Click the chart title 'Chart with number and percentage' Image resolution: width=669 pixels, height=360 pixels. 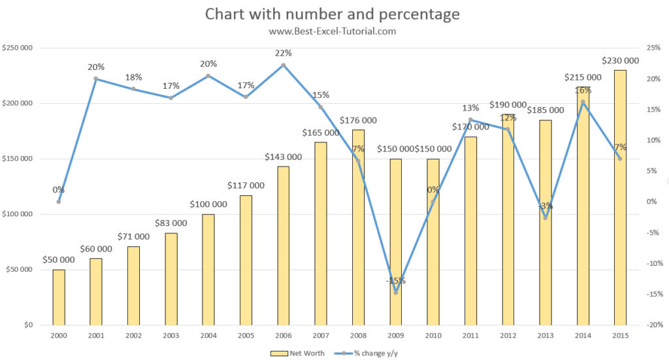click(333, 14)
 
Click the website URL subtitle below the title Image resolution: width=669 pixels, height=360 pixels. click(333, 31)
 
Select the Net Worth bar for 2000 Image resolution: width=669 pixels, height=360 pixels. click(59, 297)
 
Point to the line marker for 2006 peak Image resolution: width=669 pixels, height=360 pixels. click(283, 65)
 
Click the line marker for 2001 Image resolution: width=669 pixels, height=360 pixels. click(96, 79)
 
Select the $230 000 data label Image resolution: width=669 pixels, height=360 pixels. click(620, 61)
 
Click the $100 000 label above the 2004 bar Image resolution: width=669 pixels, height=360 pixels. click(208, 205)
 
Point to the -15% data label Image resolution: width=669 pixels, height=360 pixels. click(395, 281)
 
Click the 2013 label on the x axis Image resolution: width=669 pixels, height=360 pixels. click(545, 335)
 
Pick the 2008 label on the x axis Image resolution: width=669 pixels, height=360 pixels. click(358, 335)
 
